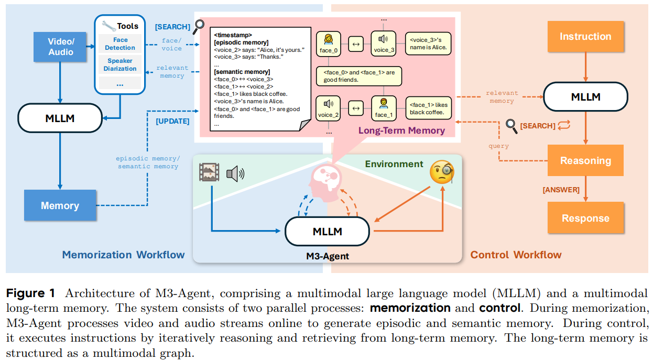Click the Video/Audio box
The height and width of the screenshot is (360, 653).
[60, 47]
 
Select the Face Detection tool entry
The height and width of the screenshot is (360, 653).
[119, 43]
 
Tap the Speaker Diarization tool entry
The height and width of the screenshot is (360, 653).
[119, 64]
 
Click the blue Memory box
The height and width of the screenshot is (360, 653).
[60, 205]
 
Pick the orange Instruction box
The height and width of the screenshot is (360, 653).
[585, 37]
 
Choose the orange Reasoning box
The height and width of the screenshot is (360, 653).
[585, 160]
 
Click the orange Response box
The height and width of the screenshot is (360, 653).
[585, 218]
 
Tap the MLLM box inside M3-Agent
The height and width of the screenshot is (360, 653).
[328, 231]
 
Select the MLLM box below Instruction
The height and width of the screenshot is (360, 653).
[585, 97]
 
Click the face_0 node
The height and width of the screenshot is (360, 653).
[329, 44]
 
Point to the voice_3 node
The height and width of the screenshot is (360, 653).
[384, 44]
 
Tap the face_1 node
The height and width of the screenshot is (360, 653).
[384, 108]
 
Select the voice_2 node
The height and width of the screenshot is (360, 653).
[329, 108]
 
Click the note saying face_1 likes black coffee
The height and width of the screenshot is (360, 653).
[428, 108]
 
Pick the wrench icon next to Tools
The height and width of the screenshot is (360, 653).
[108, 26]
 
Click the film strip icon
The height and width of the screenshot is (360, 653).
[209, 172]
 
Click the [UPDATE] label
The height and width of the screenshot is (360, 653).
[172, 121]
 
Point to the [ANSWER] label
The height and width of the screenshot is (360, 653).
[561, 190]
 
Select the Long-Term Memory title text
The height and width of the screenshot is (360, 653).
[401, 130]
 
